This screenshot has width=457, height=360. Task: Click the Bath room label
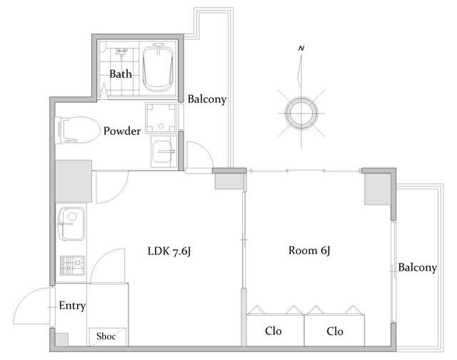click(x=121, y=74)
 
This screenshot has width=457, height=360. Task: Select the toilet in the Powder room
click(x=76, y=130)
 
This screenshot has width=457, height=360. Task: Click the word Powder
click(x=122, y=131)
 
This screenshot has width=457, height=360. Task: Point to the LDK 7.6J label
click(x=169, y=251)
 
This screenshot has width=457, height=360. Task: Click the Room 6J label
click(x=309, y=251)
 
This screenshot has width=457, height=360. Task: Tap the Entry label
click(x=72, y=306)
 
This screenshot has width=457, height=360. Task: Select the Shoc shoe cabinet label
click(x=106, y=336)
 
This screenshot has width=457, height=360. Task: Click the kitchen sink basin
click(x=71, y=224)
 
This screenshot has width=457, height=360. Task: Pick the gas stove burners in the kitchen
click(x=72, y=265)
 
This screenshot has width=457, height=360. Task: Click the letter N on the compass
click(x=301, y=49)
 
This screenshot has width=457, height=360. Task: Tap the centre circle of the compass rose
click(x=301, y=113)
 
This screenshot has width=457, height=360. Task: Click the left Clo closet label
click(x=273, y=331)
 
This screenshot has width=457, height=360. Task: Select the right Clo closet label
click(x=335, y=331)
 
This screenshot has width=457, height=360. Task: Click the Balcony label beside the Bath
click(x=207, y=99)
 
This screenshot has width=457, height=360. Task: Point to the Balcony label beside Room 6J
click(x=417, y=268)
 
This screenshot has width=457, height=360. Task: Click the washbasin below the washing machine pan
click(x=164, y=151)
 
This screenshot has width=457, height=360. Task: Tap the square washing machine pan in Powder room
click(x=161, y=118)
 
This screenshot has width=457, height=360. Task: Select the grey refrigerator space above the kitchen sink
click(x=74, y=181)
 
